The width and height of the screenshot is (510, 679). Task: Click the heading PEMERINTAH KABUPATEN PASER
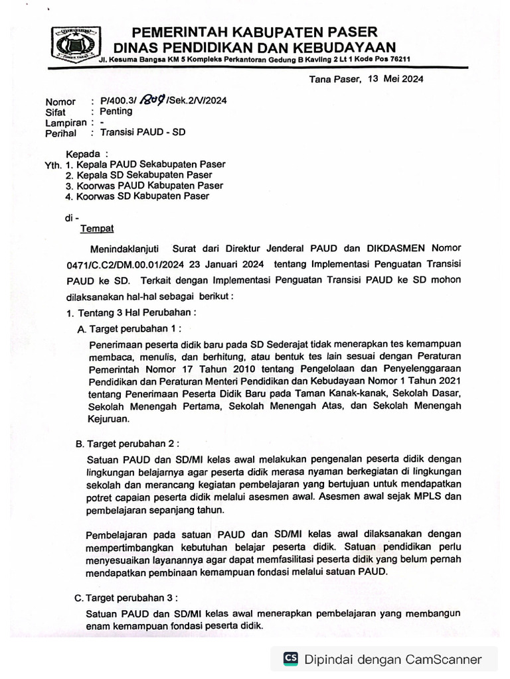[254, 32]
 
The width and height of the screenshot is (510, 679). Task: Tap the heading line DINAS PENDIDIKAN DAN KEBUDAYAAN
[254, 46]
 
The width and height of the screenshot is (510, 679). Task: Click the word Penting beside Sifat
[116, 111]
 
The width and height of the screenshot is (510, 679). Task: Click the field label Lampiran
[66, 122]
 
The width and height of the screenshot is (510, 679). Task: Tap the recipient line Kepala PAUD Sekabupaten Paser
[151, 164]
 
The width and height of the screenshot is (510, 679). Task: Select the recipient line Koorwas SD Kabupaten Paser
[143, 196]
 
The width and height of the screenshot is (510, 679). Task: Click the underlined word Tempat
[97, 229]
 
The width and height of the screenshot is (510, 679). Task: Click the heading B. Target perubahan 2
[127, 443]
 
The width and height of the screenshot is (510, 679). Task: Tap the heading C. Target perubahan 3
[127, 597]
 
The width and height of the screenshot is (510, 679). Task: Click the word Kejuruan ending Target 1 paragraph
[108, 419]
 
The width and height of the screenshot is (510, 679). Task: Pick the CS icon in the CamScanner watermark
[290, 658]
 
